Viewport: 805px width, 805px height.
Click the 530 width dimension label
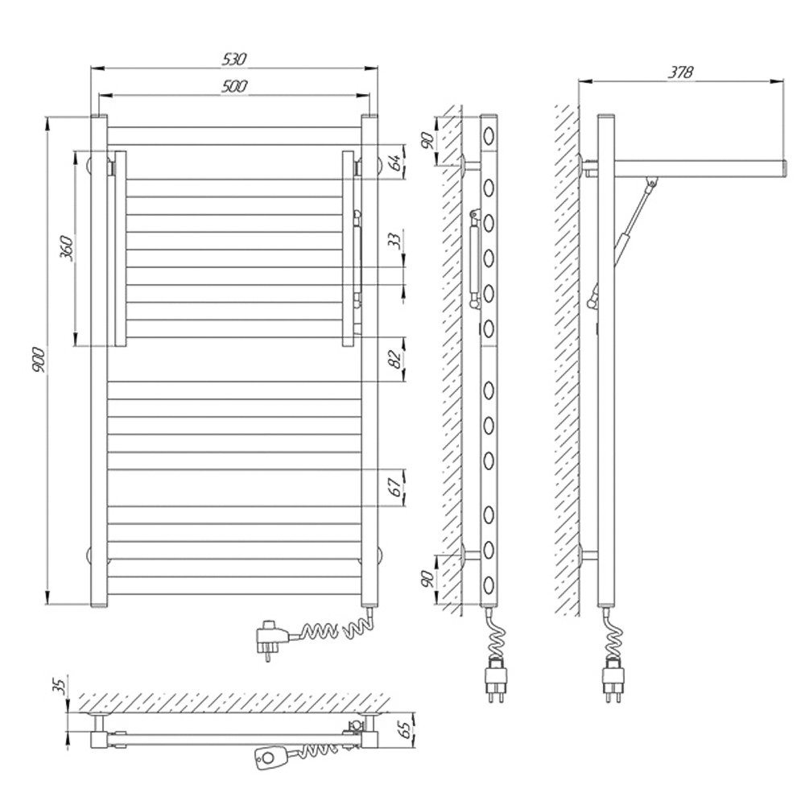click(x=234, y=59)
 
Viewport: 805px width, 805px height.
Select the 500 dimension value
click(x=234, y=86)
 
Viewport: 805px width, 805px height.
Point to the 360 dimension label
click(x=68, y=248)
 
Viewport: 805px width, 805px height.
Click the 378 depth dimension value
click(x=680, y=72)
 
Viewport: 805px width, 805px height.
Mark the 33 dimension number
click(x=394, y=240)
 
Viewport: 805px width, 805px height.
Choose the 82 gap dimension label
click(x=394, y=359)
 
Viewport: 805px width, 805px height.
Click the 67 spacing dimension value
click(x=394, y=487)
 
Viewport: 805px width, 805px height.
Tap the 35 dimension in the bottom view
click(x=60, y=686)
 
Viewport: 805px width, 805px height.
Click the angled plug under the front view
click(x=273, y=638)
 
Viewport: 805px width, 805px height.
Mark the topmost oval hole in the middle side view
click(x=489, y=137)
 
